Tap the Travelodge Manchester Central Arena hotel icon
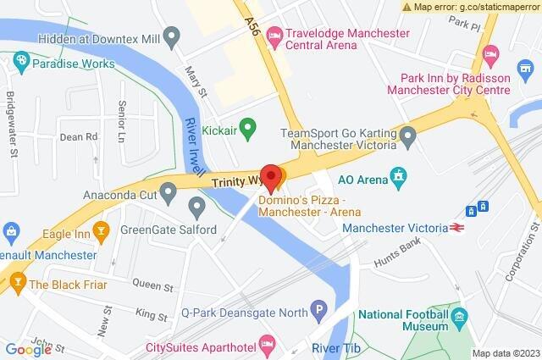[x=274, y=34]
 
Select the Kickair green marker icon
[x=247, y=130]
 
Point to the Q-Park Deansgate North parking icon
[x=318, y=312]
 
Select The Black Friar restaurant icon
[x=16, y=285]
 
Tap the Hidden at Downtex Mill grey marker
[x=172, y=36]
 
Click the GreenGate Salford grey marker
[x=197, y=206]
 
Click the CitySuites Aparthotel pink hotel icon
[x=267, y=344]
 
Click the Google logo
[x=29, y=349]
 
